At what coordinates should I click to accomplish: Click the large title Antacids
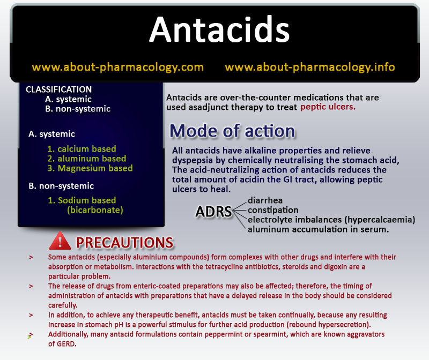(x=219, y=29)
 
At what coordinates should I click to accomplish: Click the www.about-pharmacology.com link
(x=117, y=67)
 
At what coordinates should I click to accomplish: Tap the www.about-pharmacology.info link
(x=309, y=67)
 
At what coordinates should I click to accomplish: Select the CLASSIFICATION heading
(x=59, y=89)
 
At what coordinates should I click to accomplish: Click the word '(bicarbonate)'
(x=95, y=210)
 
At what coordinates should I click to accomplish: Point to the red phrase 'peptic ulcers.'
(x=328, y=107)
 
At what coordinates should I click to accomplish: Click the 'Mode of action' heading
(x=232, y=131)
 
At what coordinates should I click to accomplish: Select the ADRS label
(x=213, y=212)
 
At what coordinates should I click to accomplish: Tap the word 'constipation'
(x=273, y=210)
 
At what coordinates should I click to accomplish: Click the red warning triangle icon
(x=60, y=241)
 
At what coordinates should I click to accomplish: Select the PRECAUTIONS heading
(x=124, y=243)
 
